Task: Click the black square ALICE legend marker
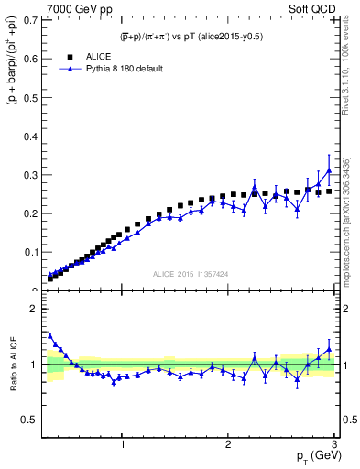[69, 56]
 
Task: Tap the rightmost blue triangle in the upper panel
[329, 171]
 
